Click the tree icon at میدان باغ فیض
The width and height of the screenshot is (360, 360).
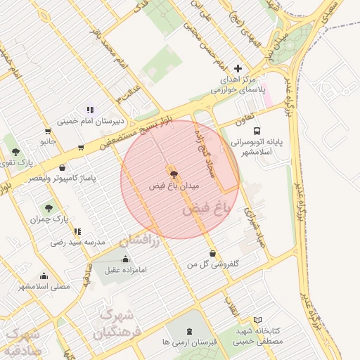pos(173,172)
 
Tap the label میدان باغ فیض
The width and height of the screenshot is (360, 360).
pos(175,187)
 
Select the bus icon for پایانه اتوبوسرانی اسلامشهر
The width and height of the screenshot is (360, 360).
pos(257,130)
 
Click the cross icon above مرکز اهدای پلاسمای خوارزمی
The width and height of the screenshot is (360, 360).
pos(238,69)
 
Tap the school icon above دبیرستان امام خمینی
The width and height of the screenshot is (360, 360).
pos(90,110)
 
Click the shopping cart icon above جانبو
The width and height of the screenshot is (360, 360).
pos(47,131)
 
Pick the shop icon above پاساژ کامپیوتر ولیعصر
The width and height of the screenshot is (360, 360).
pos(63,168)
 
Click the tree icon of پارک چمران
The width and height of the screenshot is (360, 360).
pos(48,207)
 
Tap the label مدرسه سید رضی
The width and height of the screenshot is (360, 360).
pos(77,242)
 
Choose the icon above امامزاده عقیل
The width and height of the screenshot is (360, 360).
pos(126,258)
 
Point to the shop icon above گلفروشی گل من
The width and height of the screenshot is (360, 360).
pos(212,253)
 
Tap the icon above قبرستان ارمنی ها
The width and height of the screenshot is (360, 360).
pos(188,330)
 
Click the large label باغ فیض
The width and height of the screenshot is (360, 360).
pos(206,209)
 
